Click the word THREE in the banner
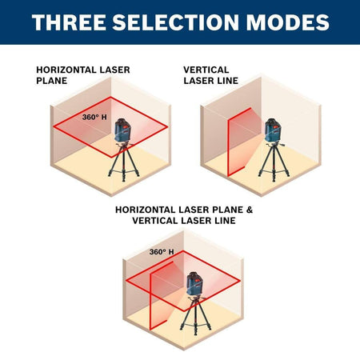click(x=67, y=23)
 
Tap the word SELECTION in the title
click(x=171, y=23)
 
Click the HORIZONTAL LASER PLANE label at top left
click(x=82, y=74)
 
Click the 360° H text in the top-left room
click(x=94, y=117)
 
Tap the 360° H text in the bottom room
click(x=161, y=252)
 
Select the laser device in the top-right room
click(x=272, y=128)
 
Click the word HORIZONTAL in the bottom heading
click(x=149, y=210)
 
